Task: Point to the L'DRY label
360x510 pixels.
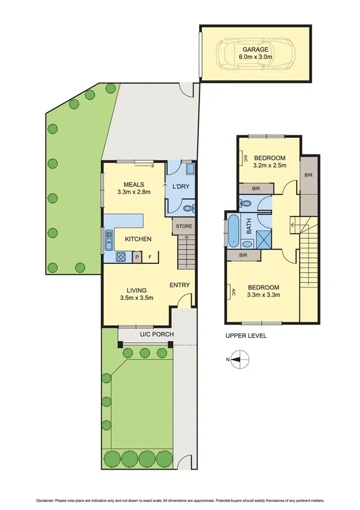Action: click(x=181, y=186)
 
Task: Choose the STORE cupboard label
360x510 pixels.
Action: click(x=184, y=226)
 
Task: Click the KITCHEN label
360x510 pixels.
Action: click(x=138, y=239)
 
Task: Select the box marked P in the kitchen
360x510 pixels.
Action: click(x=137, y=258)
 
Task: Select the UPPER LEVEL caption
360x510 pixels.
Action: click(x=246, y=336)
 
